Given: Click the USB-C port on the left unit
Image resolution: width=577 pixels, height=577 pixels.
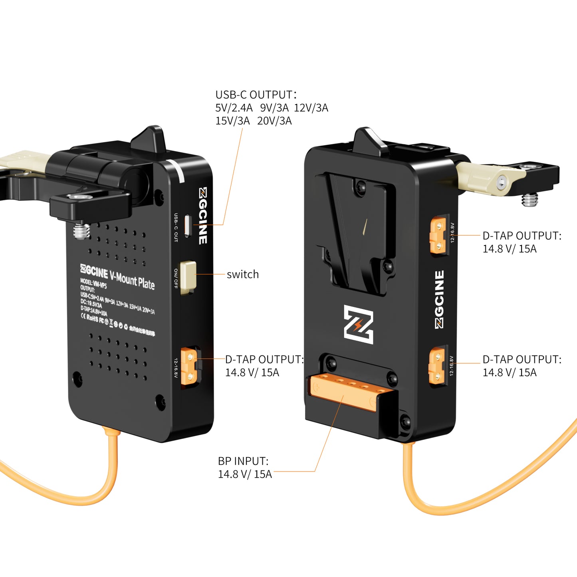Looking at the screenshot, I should point(188,226).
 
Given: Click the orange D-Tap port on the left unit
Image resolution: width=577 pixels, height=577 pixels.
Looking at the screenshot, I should point(189,366).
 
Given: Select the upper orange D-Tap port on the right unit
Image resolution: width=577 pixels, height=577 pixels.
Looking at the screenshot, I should point(438,236).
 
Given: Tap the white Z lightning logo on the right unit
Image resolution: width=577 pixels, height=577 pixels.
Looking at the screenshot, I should point(359,324).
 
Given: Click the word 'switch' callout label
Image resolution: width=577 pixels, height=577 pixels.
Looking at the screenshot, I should point(242,274).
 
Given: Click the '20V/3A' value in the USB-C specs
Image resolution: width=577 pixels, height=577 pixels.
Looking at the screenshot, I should point(274,121).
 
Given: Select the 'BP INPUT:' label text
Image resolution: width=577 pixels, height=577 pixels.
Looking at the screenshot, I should point(243,461).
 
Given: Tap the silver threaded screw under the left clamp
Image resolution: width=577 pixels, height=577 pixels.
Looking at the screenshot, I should point(82,231).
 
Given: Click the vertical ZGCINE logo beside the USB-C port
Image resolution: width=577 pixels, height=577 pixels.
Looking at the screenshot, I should point(203,216).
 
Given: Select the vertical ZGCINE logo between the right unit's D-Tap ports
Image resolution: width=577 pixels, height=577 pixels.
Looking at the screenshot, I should point(439,299).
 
